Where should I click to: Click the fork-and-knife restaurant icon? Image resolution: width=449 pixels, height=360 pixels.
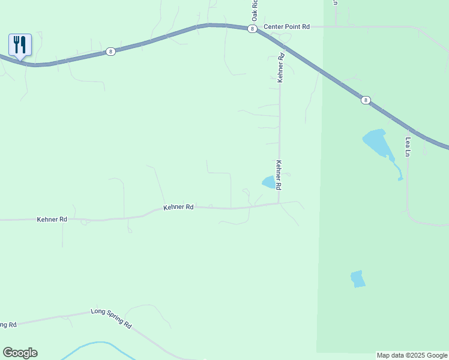pyautogui.click(x=20, y=44)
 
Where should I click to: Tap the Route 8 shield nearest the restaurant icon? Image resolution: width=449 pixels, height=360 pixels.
pyautogui.click(x=110, y=52)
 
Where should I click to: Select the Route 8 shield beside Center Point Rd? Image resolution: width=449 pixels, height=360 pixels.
pyautogui.click(x=252, y=28)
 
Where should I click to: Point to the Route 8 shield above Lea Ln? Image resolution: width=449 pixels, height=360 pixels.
pyautogui.click(x=366, y=100)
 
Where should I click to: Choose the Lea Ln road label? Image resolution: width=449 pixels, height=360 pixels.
pyautogui.click(x=408, y=147)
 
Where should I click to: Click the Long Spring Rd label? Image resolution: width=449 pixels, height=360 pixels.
pyautogui.click(x=111, y=317)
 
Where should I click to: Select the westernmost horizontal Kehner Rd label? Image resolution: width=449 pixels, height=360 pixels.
pyautogui.click(x=52, y=220)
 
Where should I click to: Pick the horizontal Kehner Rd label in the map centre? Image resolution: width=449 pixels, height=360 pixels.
pyautogui.click(x=178, y=207)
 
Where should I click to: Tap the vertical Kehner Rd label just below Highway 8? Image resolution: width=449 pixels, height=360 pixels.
pyautogui.click(x=280, y=67)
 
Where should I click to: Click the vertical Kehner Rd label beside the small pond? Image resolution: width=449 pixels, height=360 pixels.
pyautogui.click(x=279, y=175)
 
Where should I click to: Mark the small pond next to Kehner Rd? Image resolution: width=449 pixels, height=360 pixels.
pyautogui.click(x=268, y=182)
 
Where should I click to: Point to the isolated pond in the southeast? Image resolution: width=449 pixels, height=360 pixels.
pyautogui.click(x=358, y=279)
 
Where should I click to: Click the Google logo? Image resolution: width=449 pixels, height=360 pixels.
pyautogui.click(x=20, y=353)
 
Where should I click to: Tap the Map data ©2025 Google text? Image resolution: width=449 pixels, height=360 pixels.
pyautogui.click(x=412, y=355)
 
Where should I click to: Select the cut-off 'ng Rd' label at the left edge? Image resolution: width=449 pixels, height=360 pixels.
pyautogui.click(x=8, y=325)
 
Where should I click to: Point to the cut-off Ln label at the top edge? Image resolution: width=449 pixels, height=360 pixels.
pyautogui.click(x=336, y=3)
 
